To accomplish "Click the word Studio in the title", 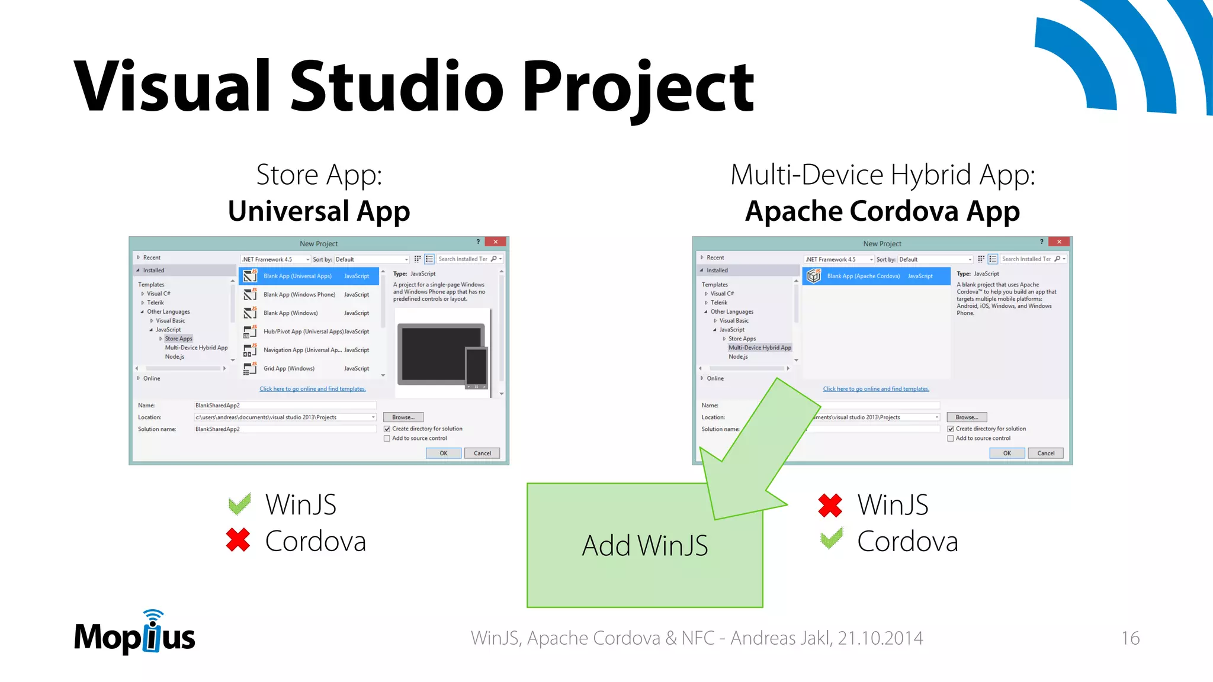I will point(396,86).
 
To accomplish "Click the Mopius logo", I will point(134,635).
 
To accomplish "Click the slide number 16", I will point(1130,638).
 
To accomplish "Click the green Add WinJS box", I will point(644,545).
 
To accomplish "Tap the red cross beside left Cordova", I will point(238,540).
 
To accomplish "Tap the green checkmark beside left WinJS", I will point(240,504).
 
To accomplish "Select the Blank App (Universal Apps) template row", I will point(309,276).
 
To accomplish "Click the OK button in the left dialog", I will point(443,453).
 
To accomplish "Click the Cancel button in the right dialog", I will point(1045,453).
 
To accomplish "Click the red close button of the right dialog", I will point(1059,242).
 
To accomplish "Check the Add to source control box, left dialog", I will point(387,439).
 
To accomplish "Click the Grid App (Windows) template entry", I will point(289,368).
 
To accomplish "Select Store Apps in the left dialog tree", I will point(178,339).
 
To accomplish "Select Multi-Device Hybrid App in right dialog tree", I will point(759,348).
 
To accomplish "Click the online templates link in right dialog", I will point(875,389).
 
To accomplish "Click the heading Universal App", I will point(319,211).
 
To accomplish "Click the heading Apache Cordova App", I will point(882,211).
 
